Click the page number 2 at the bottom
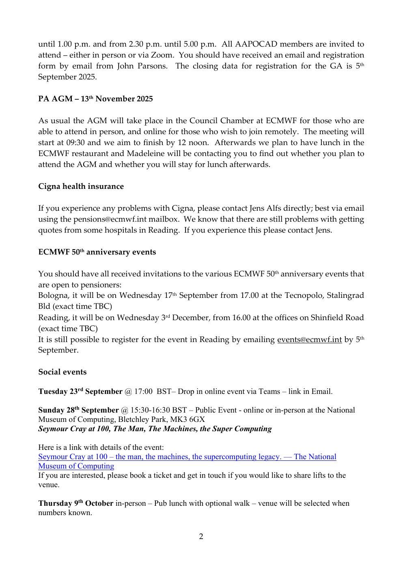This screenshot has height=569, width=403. (201, 537)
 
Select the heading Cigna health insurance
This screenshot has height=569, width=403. (81, 186)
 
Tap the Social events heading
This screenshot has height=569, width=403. (62, 372)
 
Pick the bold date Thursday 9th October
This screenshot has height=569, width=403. (76, 503)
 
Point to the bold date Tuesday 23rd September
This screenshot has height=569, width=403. (80, 391)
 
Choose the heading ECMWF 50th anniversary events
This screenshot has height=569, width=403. (97, 252)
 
